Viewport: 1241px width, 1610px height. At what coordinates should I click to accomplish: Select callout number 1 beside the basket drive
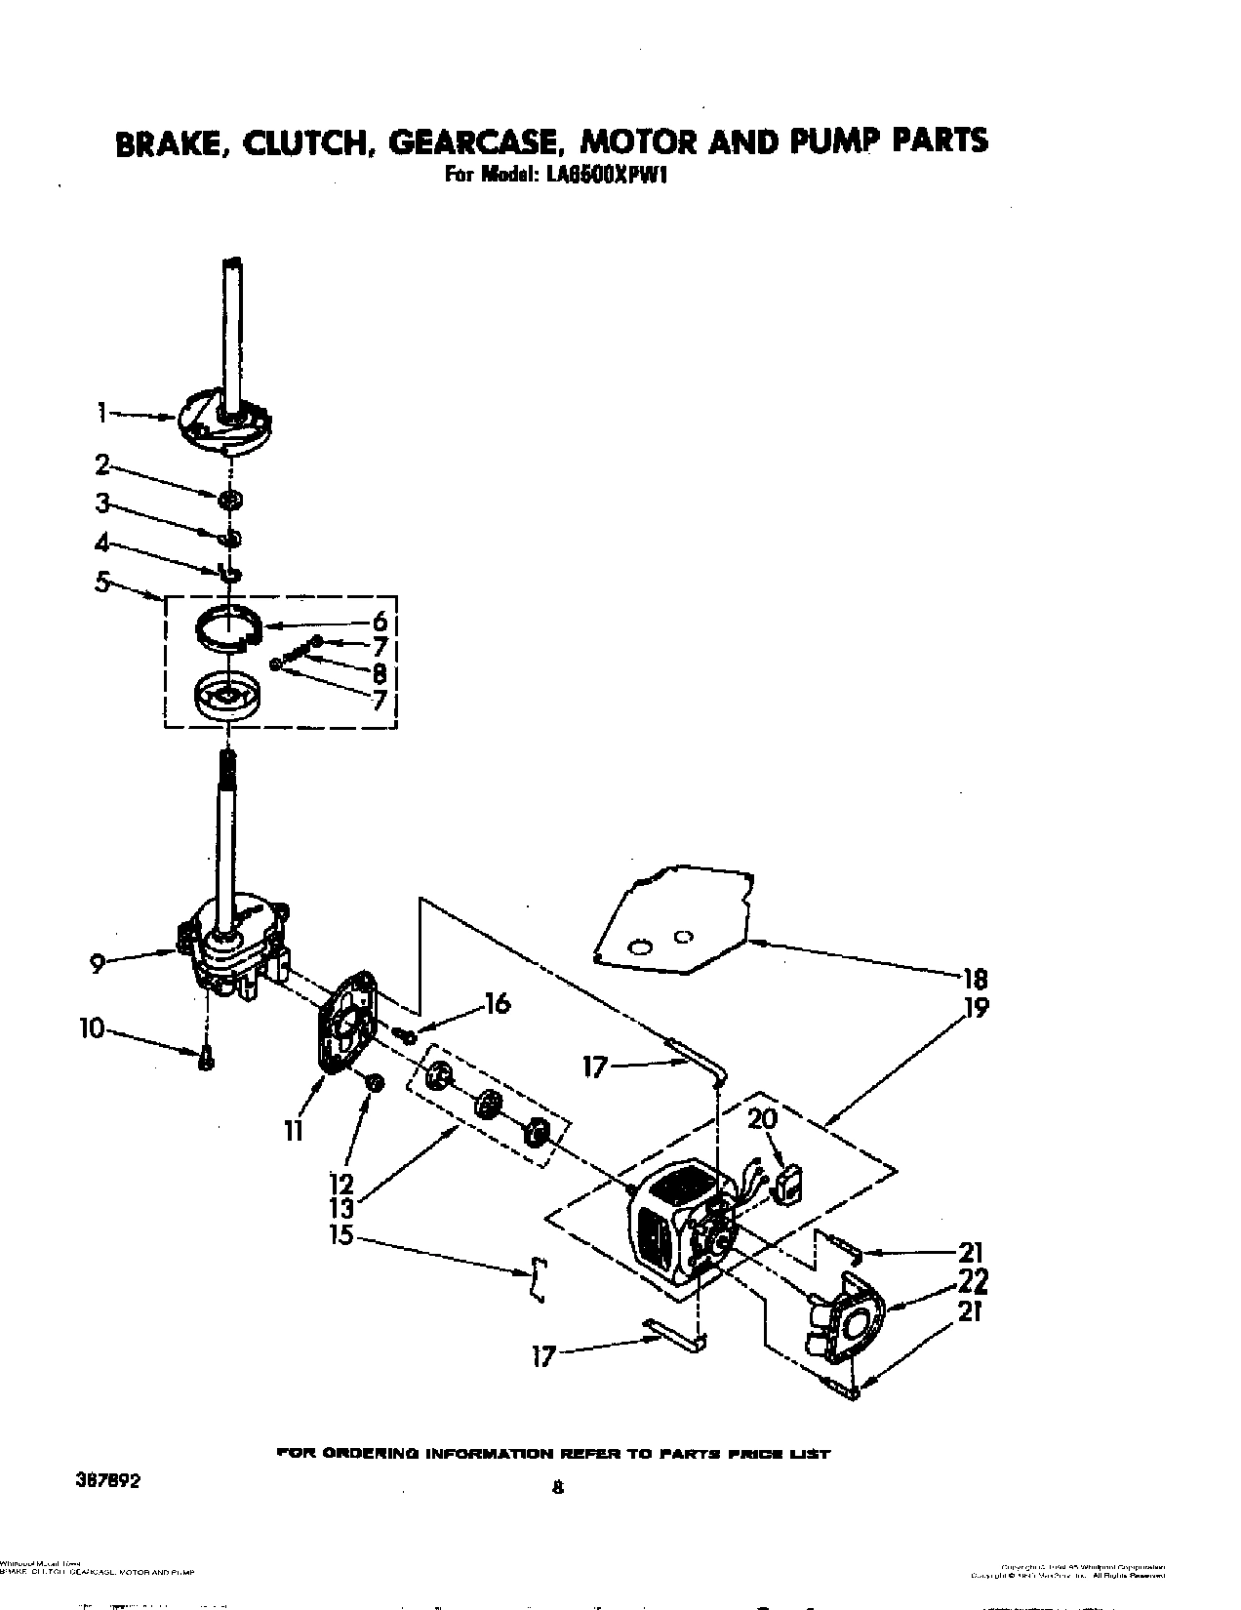coord(101,414)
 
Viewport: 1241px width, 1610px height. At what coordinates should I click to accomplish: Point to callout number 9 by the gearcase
coord(97,964)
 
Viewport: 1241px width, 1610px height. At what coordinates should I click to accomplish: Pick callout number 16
coord(498,1003)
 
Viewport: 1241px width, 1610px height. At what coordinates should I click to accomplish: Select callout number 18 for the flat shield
coord(975,980)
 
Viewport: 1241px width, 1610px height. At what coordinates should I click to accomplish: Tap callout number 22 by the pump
coord(973,1280)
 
